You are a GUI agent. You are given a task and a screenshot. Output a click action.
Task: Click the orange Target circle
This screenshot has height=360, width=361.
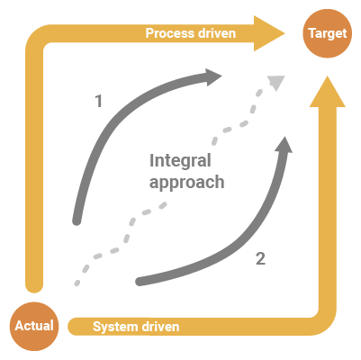tap(327, 33)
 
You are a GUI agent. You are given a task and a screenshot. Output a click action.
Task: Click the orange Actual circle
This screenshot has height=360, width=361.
tap(34, 326)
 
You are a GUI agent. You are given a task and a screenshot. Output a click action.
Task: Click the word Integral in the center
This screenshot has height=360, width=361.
tap(180, 161)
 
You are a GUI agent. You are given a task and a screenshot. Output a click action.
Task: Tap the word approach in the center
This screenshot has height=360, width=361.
tap(186, 183)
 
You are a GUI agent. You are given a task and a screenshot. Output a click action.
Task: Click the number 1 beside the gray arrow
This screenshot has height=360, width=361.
tap(99, 101)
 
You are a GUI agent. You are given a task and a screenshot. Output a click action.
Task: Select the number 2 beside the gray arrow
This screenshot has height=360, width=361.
tap(260, 258)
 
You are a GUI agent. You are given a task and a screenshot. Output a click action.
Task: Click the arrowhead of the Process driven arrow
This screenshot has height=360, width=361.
tap(269, 33)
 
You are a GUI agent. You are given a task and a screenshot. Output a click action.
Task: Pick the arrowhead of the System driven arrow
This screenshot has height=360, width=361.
tap(328, 92)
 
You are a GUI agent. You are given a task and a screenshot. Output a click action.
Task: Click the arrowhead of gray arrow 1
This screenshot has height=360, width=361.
tap(213, 77)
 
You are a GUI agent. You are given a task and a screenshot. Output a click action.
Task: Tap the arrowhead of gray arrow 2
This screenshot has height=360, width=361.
tap(284, 145)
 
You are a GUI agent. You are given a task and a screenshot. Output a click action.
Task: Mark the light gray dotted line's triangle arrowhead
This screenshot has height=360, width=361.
tap(276, 83)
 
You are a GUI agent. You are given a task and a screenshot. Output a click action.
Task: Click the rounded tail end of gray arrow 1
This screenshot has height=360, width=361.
tap(77, 221)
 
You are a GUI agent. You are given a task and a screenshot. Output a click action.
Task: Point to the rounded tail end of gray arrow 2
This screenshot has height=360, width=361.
tap(140, 282)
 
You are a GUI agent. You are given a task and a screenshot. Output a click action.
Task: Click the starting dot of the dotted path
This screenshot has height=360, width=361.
tap(77, 283)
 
